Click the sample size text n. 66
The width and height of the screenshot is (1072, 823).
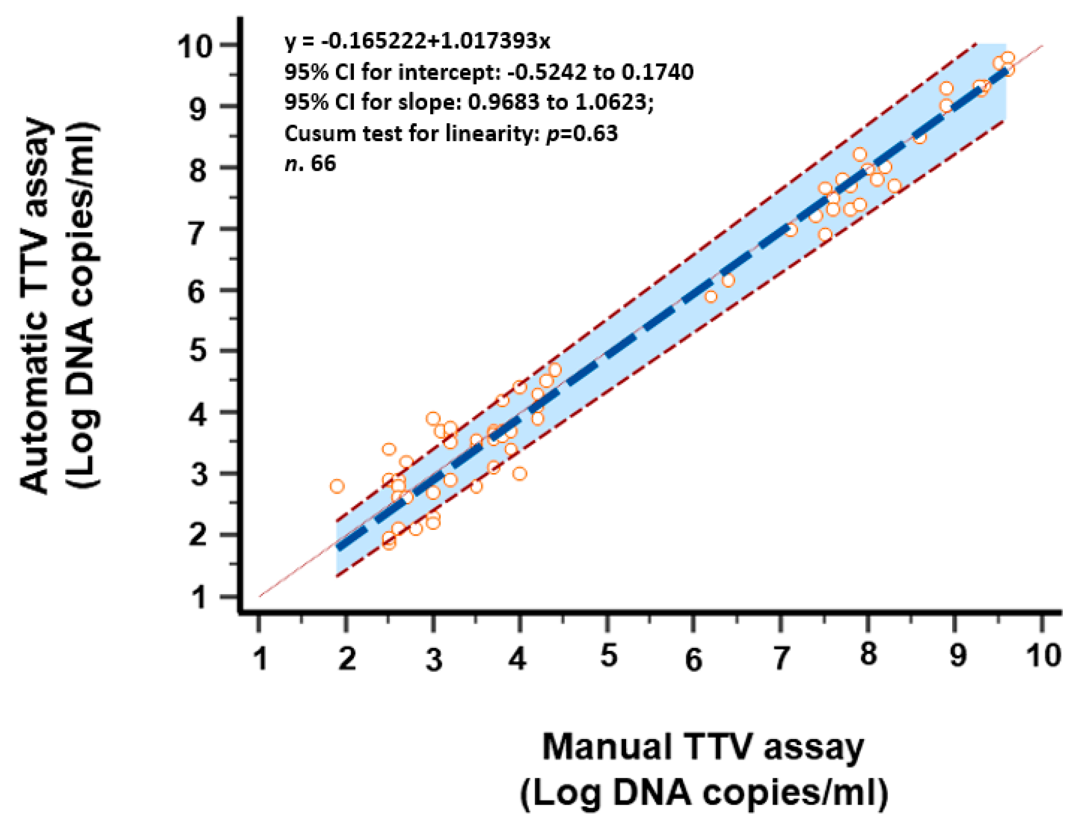pyautogui.click(x=310, y=163)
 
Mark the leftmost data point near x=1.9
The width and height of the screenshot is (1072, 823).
pyautogui.click(x=337, y=486)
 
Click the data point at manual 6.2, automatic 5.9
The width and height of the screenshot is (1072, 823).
pyautogui.click(x=711, y=296)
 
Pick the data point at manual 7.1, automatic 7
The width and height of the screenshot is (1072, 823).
pyautogui.click(x=791, y=230)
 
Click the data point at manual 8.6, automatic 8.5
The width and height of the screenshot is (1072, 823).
pyautogui.click(x=920, y=138)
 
